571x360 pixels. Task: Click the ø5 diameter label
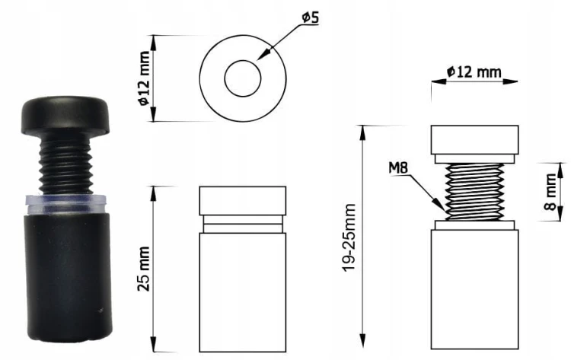tap(311, 18)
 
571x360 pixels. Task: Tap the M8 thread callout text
tap(398, 167)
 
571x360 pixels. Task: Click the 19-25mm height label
tap(349, 237)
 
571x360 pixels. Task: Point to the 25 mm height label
tap(144, 269)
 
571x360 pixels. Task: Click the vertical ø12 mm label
tap(144, 78)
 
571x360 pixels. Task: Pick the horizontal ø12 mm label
tap(474, 72)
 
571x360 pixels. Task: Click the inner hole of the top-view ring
tap(243, 78)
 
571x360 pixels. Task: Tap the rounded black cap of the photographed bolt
tap(66, 113)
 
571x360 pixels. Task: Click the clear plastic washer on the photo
tap(66, 204)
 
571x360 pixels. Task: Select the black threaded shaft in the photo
tap(65, 163)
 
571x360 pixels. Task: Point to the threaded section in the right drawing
tap(475, 192)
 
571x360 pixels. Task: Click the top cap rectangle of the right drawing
tap(475, 140)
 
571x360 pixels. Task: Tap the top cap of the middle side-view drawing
tap(243, 201)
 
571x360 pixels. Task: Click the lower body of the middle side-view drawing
tap(243, 292)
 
